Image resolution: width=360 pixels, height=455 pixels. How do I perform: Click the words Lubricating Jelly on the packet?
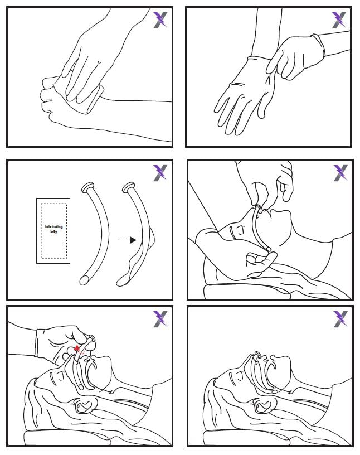click(53, 229)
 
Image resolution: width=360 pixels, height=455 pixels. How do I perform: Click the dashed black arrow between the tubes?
click(127, 240)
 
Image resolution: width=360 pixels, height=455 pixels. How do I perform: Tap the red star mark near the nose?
click(76, 348)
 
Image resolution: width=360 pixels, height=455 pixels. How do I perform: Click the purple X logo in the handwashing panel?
click(160, 20)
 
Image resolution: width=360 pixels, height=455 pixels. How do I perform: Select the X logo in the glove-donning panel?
click(339, 20)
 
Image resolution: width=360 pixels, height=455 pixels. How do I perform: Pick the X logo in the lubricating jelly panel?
click(160, 173)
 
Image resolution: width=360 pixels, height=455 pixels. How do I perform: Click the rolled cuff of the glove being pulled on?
click(319, 45)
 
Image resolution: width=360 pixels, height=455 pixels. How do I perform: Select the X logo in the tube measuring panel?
click(340, 173)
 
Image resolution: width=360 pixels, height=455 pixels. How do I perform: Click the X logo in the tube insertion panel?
click(160, 319)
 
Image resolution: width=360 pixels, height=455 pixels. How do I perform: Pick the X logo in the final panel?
click(340, 319)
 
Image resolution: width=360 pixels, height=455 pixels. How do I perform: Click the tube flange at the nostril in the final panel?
click(257, 355)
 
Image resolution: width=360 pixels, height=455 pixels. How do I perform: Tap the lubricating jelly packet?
click(53, 231)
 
